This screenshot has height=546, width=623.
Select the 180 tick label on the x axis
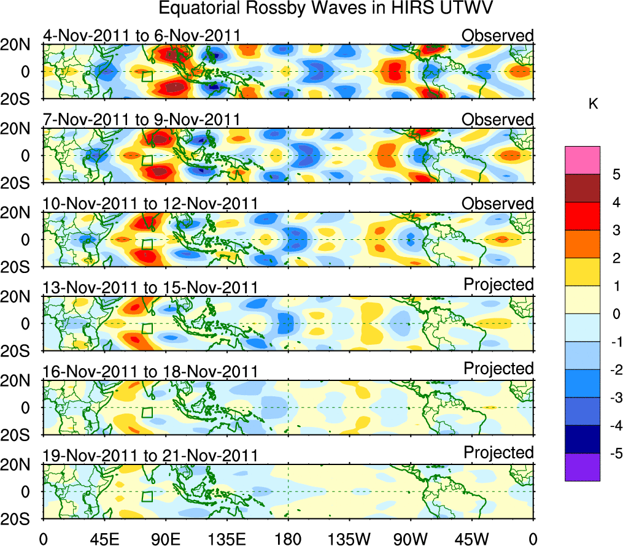pyautogui.click(x=288, y=538)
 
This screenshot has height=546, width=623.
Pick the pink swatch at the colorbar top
pyautogui.click(x=582, y=160)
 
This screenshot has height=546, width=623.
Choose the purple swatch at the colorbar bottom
pyautogui.click(x=582, y=467)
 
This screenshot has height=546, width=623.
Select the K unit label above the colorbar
pyautogui.click(x=593, y=104)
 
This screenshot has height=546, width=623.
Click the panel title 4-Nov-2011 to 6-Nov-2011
pyautogui.click(x=141, y=36)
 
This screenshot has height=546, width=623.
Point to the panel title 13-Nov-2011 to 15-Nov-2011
pyautogui.click(x=150, y=287)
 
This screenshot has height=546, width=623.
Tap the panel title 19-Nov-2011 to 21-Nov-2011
pyautogui.click(x=150, y=455)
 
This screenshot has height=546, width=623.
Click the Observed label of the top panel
pyautogui.click(x=497, y=36)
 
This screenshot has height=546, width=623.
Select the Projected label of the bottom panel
pyautogui.click(x=498, y=453)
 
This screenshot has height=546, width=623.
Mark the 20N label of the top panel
pyautogui.click(x=21, y=45)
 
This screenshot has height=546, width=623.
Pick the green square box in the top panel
pyautogui.click(x=147, y=77)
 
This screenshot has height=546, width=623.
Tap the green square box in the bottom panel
pyautogui.click(x=147, y=496)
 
